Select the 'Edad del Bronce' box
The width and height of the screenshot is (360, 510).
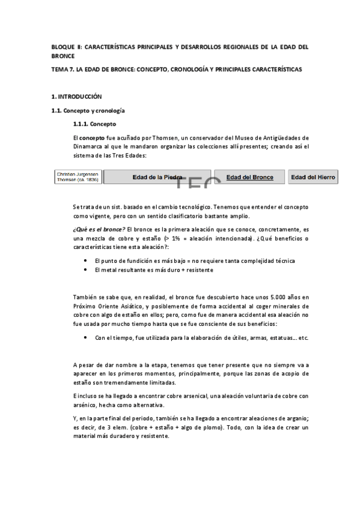pyautogui.click(x=249, y=177)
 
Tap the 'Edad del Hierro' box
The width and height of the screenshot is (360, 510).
pyautogui.click(x=313, y=177)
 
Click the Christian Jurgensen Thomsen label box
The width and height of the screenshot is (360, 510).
pyautogui.click(x=78, y=177)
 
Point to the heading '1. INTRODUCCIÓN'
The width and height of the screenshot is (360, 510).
pyautogui.click(x=77, y=97)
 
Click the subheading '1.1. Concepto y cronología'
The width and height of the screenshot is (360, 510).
pyautogui.click(x=88, y=111)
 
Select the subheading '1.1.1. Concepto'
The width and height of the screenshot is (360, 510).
pyautogui.click(x=95, y=124)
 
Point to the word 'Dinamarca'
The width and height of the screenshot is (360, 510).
pyautogui.click(x=88, y=147)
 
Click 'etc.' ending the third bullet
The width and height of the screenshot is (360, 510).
pyautogui.click(x=303, y=338)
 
